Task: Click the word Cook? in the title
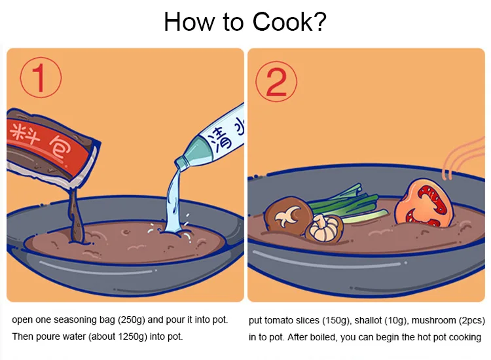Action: point(289,22)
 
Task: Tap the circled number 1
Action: point(41,78)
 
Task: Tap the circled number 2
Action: point(276,81)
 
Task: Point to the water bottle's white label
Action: point(223,132)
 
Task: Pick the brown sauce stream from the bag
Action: point(76,216)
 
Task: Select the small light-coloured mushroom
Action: point(323,228)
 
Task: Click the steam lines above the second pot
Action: point(463,158)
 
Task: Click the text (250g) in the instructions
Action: point(132,320)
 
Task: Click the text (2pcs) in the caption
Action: point(471,321)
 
